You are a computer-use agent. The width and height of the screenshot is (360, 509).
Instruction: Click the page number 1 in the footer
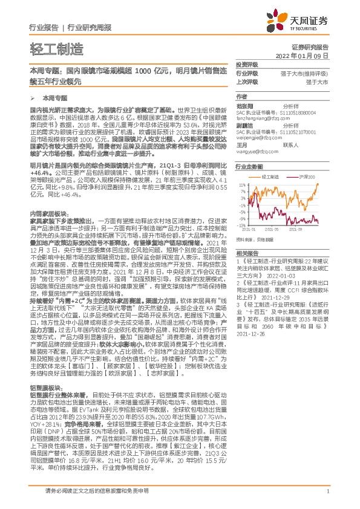coord(327,491)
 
